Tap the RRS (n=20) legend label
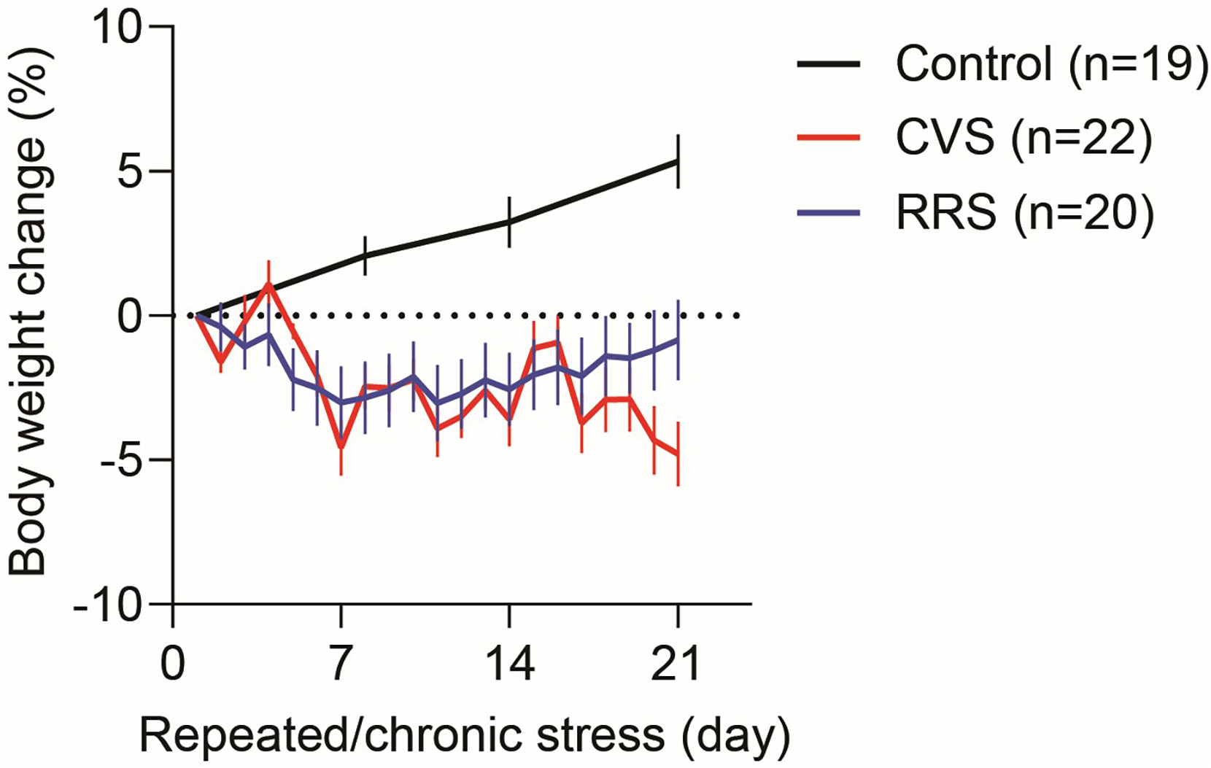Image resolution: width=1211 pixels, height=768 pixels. point(1025,212)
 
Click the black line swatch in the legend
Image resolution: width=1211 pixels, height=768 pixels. point(829,64)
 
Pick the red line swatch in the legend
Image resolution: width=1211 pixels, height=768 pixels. point(829,137)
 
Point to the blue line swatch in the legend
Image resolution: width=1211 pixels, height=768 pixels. point(829,212)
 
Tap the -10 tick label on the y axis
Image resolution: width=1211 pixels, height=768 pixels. point(109,605)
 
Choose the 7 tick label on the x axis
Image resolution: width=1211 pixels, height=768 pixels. point(341,664)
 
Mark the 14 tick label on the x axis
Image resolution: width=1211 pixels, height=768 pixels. point(509,664)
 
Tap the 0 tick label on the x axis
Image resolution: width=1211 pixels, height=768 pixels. point(173,664)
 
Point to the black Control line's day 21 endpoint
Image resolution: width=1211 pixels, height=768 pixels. point(678,162)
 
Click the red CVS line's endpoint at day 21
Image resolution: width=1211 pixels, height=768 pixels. point(678,455)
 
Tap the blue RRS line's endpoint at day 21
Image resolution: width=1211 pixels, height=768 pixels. point(678,340)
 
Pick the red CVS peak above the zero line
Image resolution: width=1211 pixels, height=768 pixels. point(269,284)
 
